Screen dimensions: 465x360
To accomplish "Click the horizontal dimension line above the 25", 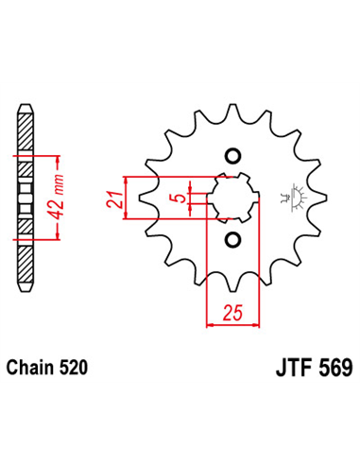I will coord(232,323).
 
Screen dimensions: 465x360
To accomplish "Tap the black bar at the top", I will coord(180,38).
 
